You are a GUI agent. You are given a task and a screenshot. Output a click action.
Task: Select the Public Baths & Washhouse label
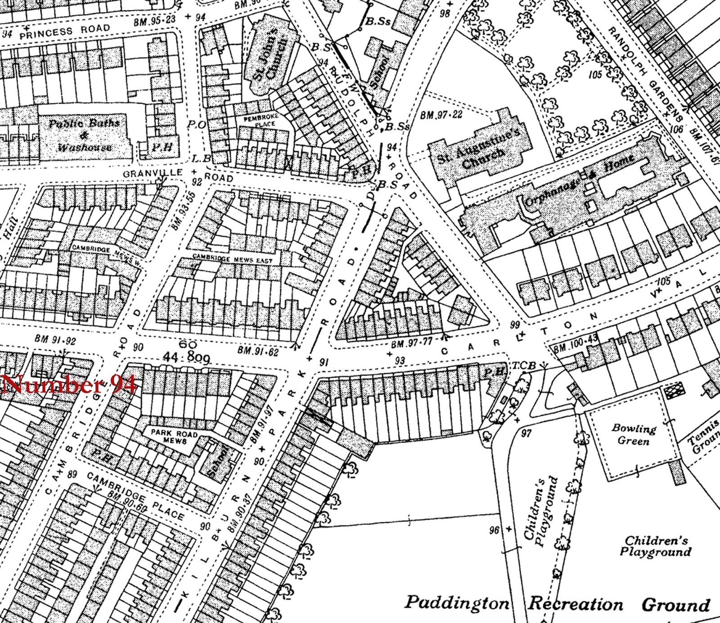pos(84,135)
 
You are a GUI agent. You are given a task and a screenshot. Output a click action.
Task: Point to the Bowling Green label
pos(634,434)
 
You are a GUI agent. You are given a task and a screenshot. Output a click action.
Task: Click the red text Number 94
pos(68,385)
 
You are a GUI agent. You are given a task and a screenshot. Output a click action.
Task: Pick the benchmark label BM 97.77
pos(412,344)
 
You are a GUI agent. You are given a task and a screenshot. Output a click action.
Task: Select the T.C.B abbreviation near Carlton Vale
pos(522,366)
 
